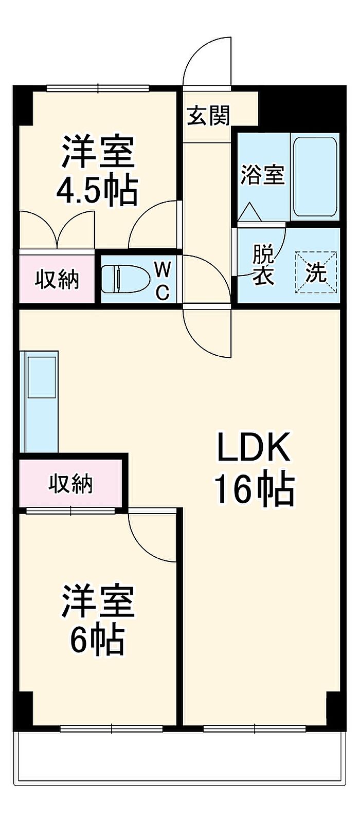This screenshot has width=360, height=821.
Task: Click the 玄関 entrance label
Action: pyautogui.click(x=208, y=116)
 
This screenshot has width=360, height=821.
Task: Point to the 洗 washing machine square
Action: pyautogui.click(x=316, y=272)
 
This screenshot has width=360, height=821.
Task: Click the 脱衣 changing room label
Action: pyautogui.click(x=263, y=265)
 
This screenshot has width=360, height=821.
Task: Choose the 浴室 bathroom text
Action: pyautogui.click(x=263, y=175)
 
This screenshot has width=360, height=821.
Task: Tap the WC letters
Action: pyautogui.click(x=163, y=281)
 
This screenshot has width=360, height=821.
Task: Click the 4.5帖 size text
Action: pyautogui.click(x=97, y=191)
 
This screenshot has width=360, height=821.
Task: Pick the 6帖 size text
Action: pyautogui.click(x=97, y=640)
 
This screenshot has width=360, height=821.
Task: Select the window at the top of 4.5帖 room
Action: pyautogui.click(x=98, y=88)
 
